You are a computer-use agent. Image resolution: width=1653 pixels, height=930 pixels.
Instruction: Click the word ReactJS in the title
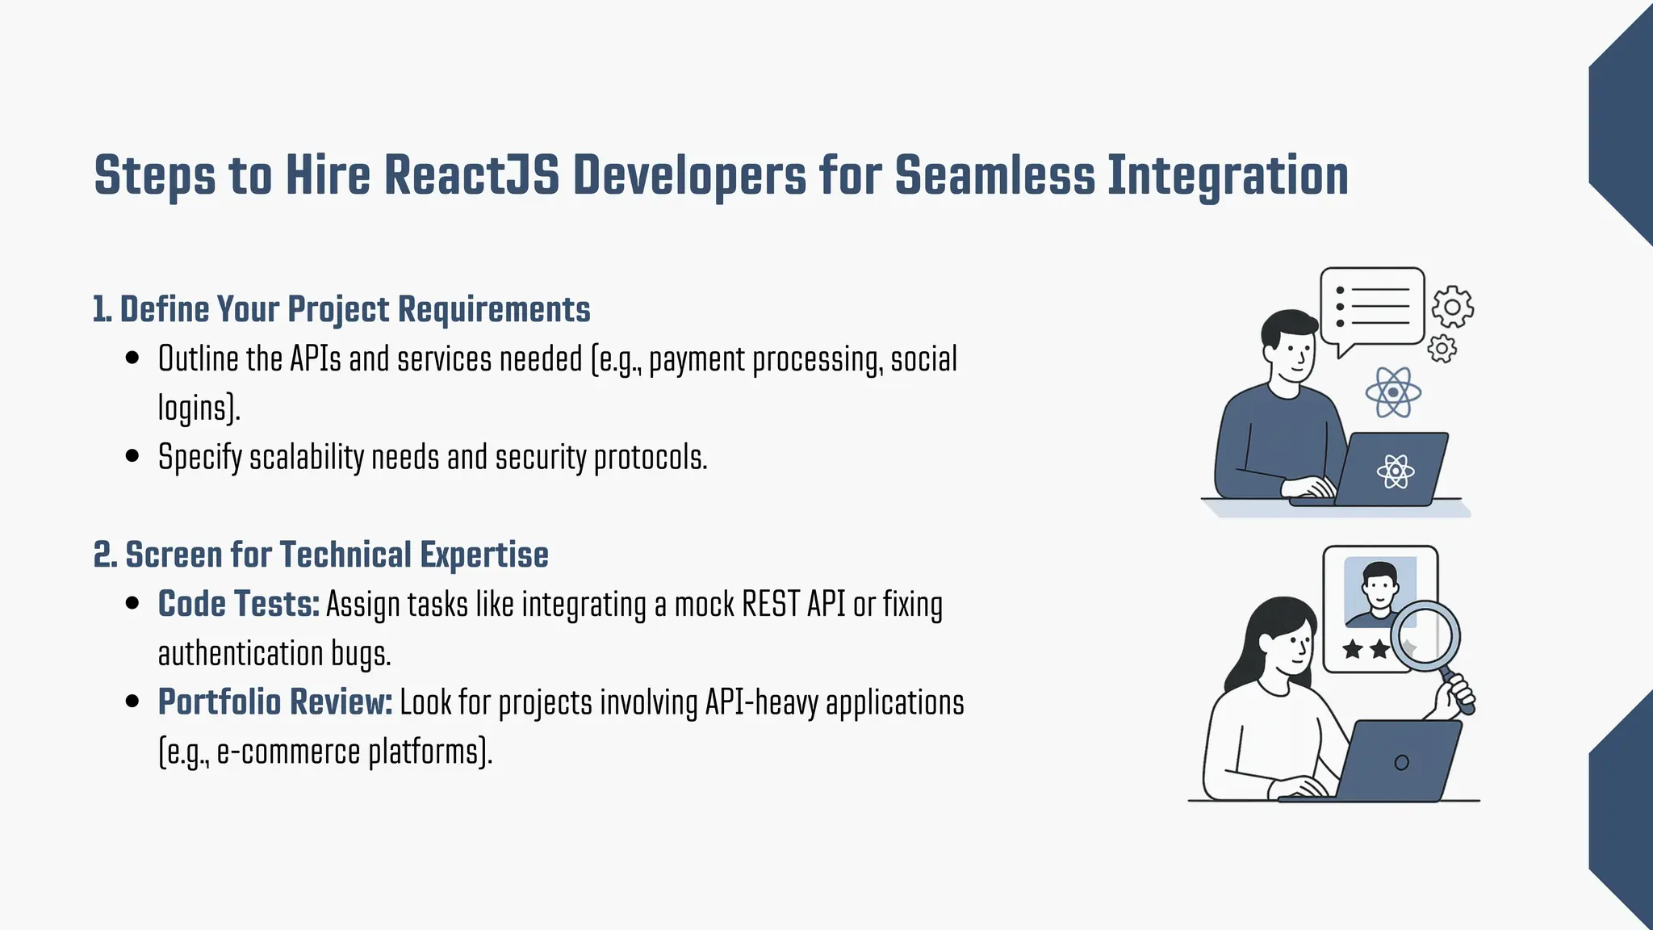click(471, 175)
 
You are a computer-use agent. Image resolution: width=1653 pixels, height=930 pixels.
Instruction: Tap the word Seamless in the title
click(994, 175)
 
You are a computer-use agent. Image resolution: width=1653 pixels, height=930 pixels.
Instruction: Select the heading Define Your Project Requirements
click(354, 310)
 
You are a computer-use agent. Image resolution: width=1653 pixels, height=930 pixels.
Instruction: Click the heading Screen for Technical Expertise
click(337, 555)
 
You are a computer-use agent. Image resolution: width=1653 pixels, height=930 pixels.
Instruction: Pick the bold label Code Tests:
click(239, 604)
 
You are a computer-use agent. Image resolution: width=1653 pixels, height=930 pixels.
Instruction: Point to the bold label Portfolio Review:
click(275, 702)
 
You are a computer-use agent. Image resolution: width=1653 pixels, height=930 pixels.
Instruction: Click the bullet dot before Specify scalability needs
click(133, 456)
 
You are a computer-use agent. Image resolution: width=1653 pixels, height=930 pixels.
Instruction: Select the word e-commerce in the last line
click(288, 752)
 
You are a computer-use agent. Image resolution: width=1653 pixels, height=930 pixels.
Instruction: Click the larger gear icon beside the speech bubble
click(1452, 307)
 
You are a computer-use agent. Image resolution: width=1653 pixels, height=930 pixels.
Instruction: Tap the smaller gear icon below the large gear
click(1442, 349)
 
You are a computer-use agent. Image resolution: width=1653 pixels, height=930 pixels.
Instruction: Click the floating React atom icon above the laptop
click(1393, 392)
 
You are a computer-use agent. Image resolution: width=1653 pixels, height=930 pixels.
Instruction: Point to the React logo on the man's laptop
click(1396, 471)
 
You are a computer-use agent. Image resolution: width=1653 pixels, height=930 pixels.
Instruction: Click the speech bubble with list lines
click(1373, 307)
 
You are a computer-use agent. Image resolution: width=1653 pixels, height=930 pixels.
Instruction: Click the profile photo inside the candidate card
click(1379, 591)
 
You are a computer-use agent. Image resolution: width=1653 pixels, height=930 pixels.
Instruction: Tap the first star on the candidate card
click(1353, 648)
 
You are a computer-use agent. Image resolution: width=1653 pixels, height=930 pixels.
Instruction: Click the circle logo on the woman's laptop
click(1401, 762)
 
